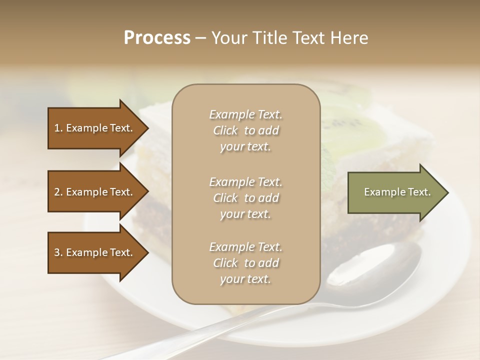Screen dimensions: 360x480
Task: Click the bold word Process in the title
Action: (x=157, y=38)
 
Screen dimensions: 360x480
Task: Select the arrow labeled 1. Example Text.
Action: (x=95, y=128)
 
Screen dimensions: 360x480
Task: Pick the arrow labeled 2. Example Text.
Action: (x=95, y=192)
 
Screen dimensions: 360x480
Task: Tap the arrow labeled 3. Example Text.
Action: (x=95, y=252)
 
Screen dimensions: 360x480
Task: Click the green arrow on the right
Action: (x=395, y=192)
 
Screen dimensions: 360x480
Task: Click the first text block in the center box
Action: (x=245, y=130)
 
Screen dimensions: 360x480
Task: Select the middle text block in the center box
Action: (x=245, y=197)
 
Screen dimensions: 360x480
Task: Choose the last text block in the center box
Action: (x=245, y=263)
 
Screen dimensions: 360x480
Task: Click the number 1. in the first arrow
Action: (x=58, y=128)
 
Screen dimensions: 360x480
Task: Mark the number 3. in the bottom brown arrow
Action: (x=58, y=252)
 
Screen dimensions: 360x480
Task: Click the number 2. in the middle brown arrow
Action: (x=58, y=192)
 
